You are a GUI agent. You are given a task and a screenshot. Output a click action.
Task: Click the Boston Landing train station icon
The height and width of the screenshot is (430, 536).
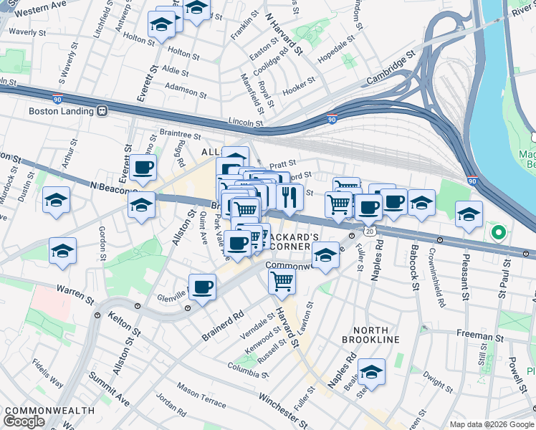(x=102, y=111)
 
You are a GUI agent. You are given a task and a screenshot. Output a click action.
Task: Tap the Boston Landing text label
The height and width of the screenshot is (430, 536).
(x=61, y=111)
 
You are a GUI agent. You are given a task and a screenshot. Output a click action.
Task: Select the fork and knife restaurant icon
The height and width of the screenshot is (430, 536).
(x=288, y=198)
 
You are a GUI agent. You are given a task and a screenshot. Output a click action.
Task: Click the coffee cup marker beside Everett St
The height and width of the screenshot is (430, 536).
(x=143, y=168)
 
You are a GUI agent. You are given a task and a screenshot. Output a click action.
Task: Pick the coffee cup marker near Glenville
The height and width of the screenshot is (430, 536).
(x=202, y=288)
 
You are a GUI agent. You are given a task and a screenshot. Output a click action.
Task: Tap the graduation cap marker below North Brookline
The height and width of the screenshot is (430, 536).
(x=371, y=372)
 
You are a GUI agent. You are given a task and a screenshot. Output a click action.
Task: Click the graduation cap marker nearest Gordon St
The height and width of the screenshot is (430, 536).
(x=62, y=252)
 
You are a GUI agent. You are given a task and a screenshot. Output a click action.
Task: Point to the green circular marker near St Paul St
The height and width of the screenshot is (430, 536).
(x=497, y=232)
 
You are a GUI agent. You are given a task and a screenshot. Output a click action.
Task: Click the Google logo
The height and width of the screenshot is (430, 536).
(x=24, y=421)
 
